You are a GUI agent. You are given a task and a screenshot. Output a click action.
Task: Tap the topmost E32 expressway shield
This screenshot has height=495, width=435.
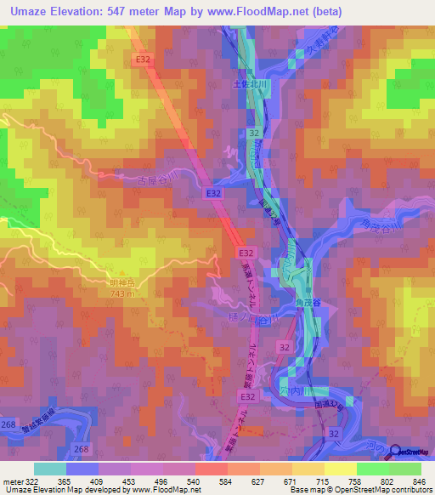(143, 59)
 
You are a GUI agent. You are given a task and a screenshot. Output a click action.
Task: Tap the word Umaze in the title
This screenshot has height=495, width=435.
(26, 10)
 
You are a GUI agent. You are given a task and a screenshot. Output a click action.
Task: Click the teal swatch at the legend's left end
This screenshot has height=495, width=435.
(49, 469)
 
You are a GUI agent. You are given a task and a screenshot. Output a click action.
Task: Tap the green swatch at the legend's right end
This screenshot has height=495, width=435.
(404, 469)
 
